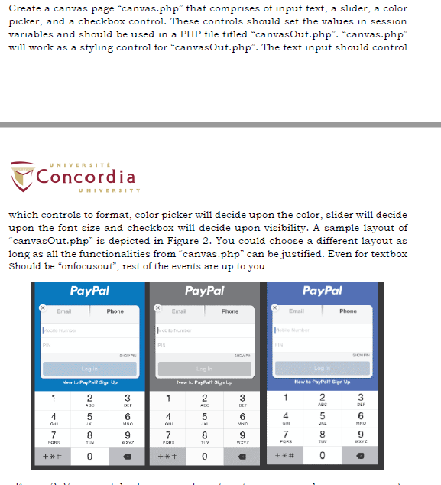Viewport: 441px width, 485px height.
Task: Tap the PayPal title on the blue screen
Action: click(89, 291)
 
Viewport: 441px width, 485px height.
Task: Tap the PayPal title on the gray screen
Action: click(204, 291)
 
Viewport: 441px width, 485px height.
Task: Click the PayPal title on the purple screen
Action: click(322, 291)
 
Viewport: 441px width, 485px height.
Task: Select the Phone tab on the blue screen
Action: click(115, 311)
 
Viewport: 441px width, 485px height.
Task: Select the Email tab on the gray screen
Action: click(179, 311)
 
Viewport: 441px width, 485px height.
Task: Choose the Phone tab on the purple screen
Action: click(348, 311)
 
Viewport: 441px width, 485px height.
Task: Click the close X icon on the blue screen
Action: click(43, 307)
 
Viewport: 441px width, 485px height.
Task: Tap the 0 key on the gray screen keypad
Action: click(204, 457)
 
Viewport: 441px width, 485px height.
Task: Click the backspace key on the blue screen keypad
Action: click(127, 457)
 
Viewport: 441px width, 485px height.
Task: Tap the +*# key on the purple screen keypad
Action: click(285, 457)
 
